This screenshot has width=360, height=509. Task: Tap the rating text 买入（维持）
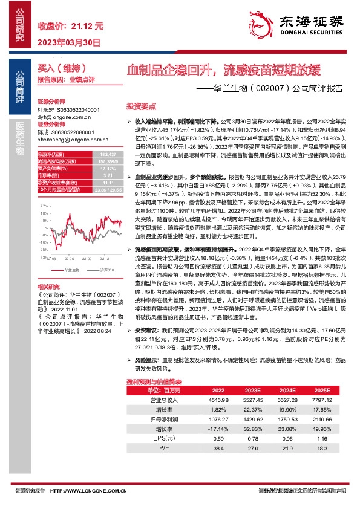[60, 70]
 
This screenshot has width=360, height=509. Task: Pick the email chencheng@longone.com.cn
[71, 139]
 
